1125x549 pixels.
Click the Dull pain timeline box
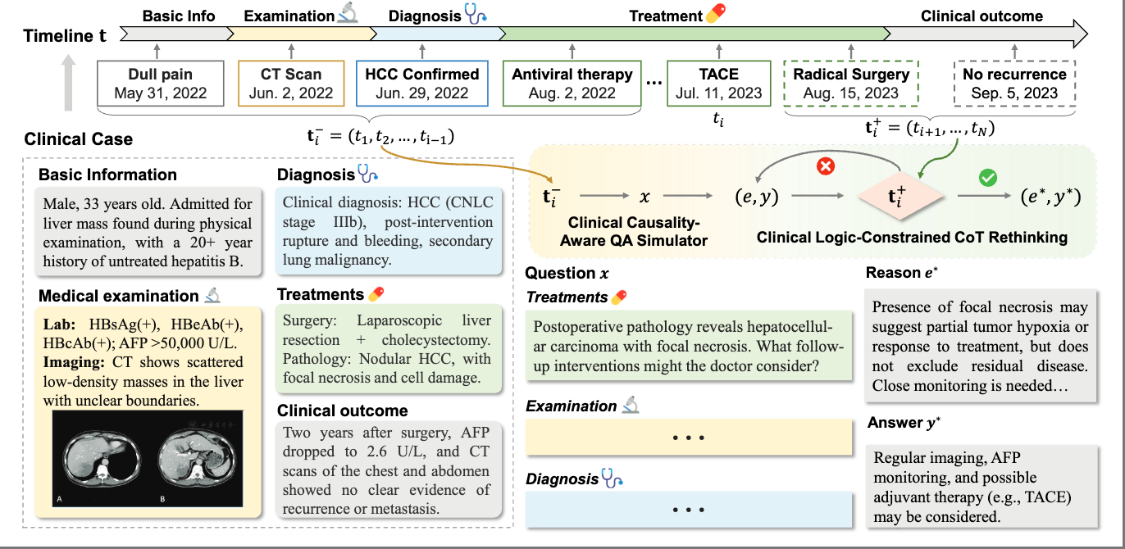pos(161,83)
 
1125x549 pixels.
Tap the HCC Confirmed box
pos(422,83)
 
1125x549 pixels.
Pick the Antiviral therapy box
pos(572,83)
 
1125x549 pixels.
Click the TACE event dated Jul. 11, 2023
pos(718,83)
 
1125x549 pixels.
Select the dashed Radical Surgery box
pos(851,83)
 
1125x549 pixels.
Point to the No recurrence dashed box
pos(1014,83)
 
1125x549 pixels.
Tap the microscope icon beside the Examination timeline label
pos(348,15)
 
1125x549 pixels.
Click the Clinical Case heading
pos(79,139)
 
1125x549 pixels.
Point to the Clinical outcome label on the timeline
pos(982,16)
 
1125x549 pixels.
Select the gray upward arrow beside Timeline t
pos(71,82)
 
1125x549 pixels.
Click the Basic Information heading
pos(107,175)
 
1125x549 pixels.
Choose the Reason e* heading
pos(902,272)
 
